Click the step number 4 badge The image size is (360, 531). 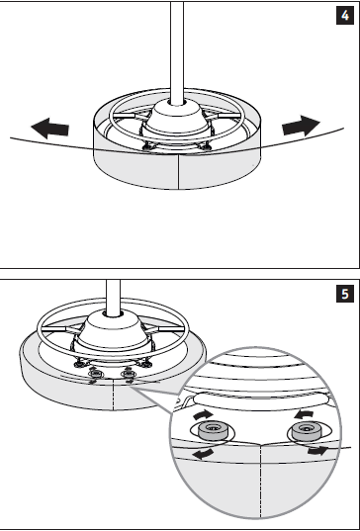coord(345,15)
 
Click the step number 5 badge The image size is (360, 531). coord(345,294)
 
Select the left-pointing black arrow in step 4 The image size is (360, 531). coord(50,128)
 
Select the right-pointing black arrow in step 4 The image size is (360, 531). coord(301,126)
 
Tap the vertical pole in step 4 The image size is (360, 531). coord(177,52)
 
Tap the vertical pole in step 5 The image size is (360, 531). coord(113,298)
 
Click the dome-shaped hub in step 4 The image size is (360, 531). coord(177,117)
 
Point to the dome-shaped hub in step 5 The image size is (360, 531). coord(113,330)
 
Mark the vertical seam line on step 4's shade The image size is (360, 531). coord(178,172)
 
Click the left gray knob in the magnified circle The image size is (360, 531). coord(212,430)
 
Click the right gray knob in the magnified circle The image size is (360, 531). coord(307,430)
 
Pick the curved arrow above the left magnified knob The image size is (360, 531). coord(203,415)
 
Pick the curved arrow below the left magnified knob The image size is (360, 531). coord(203,454)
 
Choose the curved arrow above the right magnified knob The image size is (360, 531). coord(304,414)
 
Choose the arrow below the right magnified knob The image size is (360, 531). coord(317,451)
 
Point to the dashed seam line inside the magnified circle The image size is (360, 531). coord(260,482)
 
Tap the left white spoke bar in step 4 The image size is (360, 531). coord(124,116)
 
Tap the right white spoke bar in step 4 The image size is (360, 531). coord(229,116)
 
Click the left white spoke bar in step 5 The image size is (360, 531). coord(53,329)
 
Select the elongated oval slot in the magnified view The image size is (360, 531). coord(261,399)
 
